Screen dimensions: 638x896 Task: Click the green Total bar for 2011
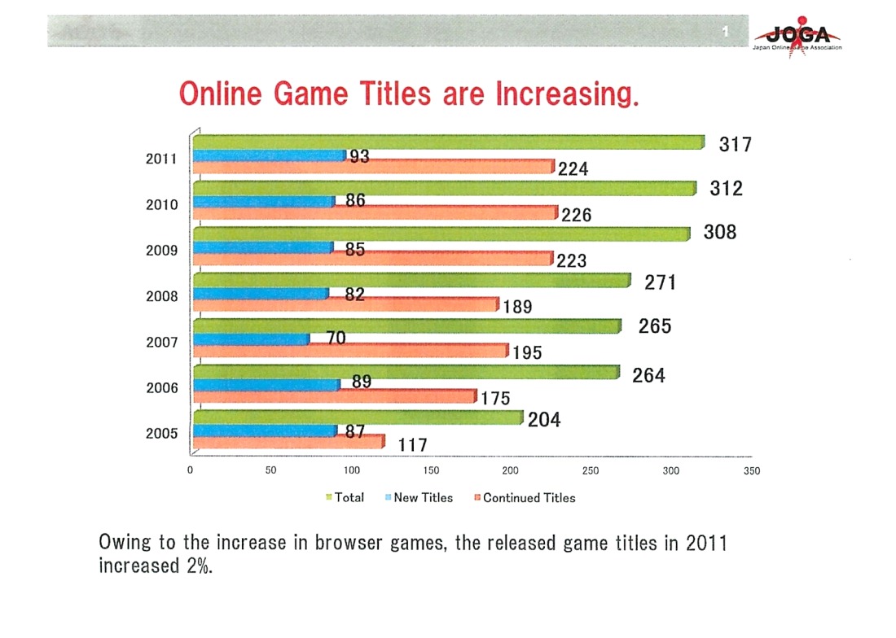coord(448,142)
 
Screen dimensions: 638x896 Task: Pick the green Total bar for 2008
coord(411,281)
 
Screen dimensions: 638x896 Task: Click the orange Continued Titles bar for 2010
coord(375,214)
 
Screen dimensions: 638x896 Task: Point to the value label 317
coord(735,145)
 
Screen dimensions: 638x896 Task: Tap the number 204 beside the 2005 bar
coord(544,422)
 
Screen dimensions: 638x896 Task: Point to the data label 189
coord(517,308)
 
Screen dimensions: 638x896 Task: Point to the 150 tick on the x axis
coord(432,470)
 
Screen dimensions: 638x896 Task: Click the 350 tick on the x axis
coord(752,470)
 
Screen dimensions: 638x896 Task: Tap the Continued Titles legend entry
coord(529,498)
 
